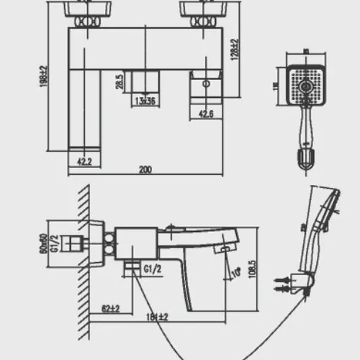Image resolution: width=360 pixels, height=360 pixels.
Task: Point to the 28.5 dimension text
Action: pyautogui.click(x=120, y=81)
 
